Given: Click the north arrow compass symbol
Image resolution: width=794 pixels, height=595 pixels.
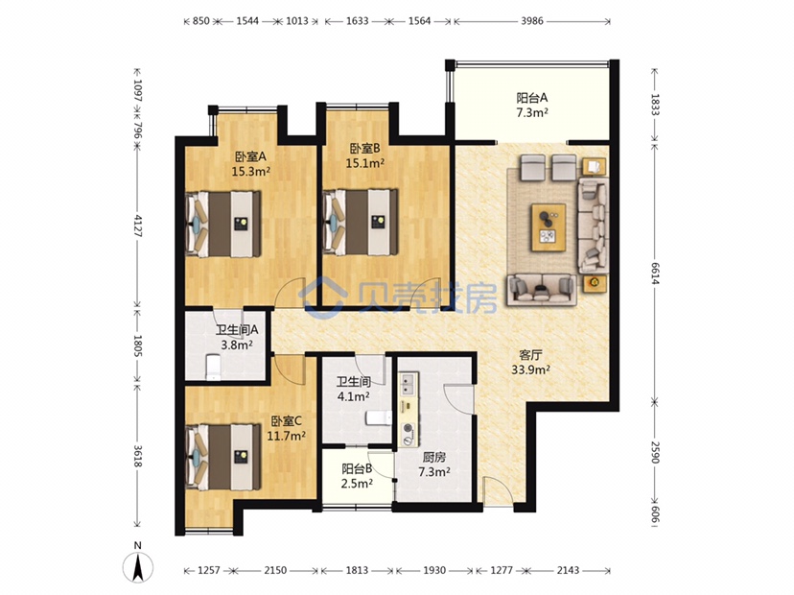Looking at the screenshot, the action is tap(138, 562).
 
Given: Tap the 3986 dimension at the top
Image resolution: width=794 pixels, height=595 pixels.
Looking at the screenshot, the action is tap(531, 21).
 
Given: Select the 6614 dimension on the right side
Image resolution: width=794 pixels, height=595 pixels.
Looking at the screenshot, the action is tap(655, 274).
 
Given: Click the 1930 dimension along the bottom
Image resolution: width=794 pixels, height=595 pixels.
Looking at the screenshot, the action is tap(434, 571).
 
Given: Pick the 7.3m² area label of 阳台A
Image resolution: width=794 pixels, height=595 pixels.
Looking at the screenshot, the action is tap(531, 113).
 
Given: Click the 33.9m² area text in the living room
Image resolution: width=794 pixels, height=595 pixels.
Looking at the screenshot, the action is tap(530, 370).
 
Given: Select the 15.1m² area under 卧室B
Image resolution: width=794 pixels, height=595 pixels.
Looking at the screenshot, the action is tap(365, 163).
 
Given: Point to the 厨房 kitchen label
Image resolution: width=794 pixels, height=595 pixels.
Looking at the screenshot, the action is tap(434, 457).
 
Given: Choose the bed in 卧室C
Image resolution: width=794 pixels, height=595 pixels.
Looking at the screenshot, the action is tap(223, 458).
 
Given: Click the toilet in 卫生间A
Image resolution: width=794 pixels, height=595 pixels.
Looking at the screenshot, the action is tap(213, 367).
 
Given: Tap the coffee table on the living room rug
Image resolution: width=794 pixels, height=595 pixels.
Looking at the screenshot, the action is tap(549, 227).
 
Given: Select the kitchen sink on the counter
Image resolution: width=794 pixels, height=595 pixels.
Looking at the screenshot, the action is tap(408, 384).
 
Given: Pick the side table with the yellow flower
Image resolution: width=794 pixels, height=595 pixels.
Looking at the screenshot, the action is tap(594, 283).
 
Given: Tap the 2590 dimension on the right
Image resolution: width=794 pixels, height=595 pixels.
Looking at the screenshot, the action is tap(655, 453).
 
